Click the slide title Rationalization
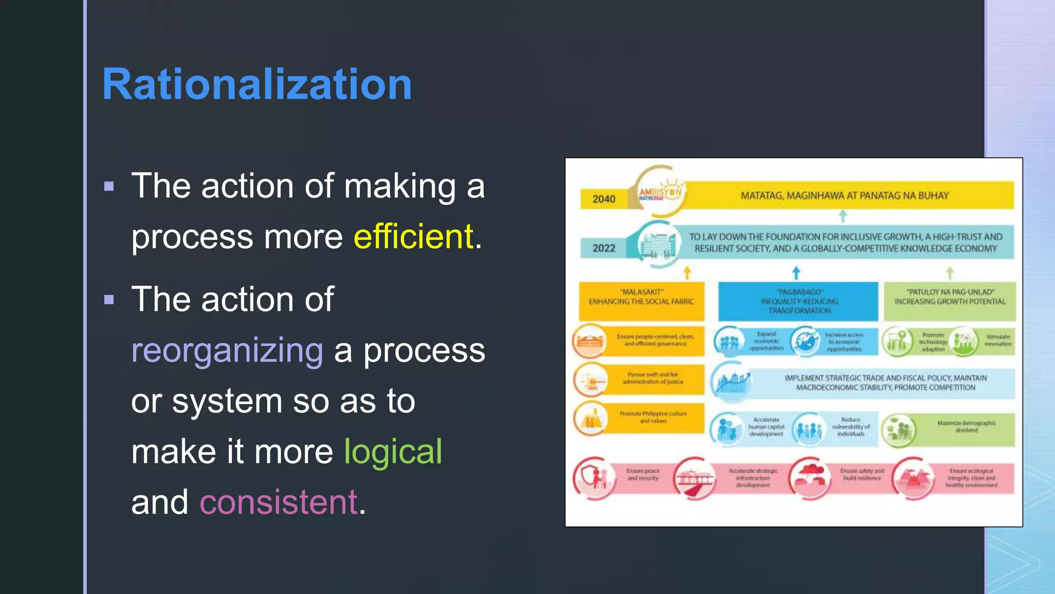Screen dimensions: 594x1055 [257, 84]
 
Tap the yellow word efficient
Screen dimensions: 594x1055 [413, 237]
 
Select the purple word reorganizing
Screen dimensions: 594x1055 [227, 350]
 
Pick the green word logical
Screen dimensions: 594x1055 [393, 452]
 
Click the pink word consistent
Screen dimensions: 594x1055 [279, 502]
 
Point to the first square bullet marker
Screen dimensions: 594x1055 [109, 186]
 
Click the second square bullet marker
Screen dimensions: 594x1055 [109, 300]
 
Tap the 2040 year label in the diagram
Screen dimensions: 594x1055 [604, 199]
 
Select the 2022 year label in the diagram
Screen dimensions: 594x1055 [604, 248]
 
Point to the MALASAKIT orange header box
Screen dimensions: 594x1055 [641, 301]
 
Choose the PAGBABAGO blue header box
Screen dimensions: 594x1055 [798, 302]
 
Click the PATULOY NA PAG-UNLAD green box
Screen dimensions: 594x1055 [950, 301]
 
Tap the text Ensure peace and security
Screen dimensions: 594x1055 [643, 474]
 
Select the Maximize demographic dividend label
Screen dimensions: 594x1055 [966, 426]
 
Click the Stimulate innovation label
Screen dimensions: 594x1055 [998, 340]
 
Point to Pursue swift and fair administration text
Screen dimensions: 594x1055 [653, 378]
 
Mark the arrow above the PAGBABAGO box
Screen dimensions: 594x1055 [796, 272]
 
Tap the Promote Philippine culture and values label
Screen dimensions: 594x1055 [653, 417]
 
